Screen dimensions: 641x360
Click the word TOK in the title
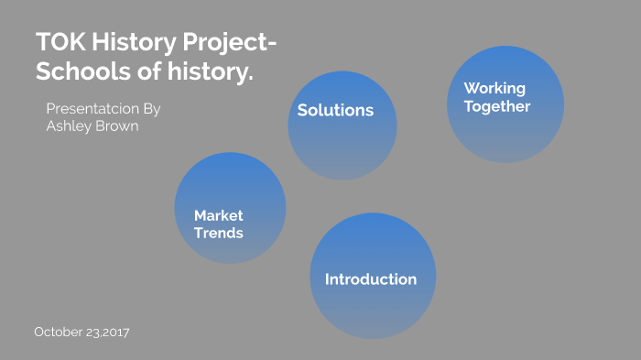pyautogui.click(x=61, y=42)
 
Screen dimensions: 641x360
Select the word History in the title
pyautogui.click(x=134, y=43)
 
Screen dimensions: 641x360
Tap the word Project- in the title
pyautogui.click(x=229, y=43)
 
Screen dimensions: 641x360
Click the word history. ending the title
pyautogui.click(x=210, y=71)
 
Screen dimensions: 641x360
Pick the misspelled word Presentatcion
pyautogui.click(x=92, y=109)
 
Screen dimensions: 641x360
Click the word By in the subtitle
pyautogui.click(x=152, y=110)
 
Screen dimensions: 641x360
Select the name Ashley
pyautogui.click(x=69, y=126)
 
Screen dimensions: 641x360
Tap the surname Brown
pyautogui.click(x=117, y=126)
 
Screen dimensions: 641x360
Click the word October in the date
pyautogui.click(x=59, y=332)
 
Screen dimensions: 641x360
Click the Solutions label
pyautogui.click(x=336, y=110)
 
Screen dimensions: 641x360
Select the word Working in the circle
pyautogui.click(x=494, y=88)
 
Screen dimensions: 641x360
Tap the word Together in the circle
pyautogui.click(x=497, y=106)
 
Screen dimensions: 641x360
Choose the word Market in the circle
pyautogui.click(x=219, y=215)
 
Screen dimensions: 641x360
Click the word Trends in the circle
pyautogui.click(x=219, y=233)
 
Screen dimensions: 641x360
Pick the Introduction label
pyautogui.click(x=371, y=279)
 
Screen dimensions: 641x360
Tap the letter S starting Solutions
pyautogui.click(x=302, y=111)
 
